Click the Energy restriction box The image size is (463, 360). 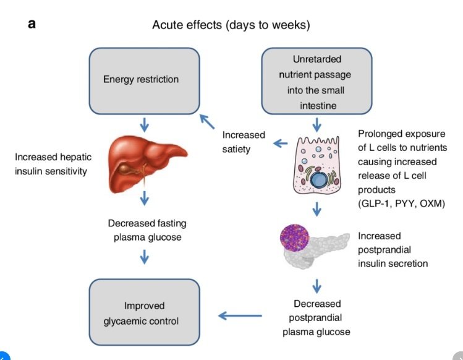[x=144, y=80]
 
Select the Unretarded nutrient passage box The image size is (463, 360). [x=317, y=82]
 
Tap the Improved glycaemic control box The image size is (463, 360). [x=144, y=313]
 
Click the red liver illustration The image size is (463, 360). [x=144, y=161]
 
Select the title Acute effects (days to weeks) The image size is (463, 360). [x=231, y=25]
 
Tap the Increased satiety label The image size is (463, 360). [x=244, y=142]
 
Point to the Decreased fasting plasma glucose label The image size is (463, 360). [x=147, y=229]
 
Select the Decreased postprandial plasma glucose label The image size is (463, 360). [x=317, y=317]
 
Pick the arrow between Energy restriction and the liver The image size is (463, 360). [x=144, y=124]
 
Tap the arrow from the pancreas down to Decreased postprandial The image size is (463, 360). [x=317, y=285]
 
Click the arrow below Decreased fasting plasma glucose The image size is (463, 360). [x=144, y=255]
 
